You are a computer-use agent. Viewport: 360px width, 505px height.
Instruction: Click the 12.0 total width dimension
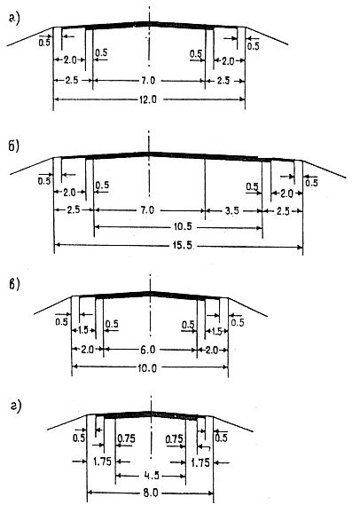[x=148, y=99]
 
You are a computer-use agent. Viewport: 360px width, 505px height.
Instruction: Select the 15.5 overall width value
[x=183, y=246]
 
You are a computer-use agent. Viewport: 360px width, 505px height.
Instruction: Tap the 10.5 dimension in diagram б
[x=183, y=226]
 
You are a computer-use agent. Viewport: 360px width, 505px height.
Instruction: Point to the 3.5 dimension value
[x=232, y=210]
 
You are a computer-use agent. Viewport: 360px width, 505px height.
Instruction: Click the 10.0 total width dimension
[x=147, y=367]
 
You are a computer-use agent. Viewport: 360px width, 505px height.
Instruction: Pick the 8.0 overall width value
[x=150, y=493]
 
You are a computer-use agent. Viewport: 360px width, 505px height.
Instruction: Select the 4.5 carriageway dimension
[x=150, y=476]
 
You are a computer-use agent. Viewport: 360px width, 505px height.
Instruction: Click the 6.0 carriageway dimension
[x=148, y=350]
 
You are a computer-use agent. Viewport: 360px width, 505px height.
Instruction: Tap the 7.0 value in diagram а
[x=149, y=81]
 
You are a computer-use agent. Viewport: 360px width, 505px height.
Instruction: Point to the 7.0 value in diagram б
[x=147, y=210]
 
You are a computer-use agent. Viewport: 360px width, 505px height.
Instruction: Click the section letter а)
[x=14, y=19]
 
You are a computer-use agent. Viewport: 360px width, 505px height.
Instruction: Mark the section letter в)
[x=14, y=284]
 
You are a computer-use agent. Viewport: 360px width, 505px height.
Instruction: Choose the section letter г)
[x=15, y=407]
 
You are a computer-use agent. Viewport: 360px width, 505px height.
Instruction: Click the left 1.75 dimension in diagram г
[x=102, y=462]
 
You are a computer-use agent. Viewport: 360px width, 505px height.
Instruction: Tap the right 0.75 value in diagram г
[x=175, y=438]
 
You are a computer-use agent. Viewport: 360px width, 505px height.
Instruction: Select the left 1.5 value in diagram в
[x=83, y=331]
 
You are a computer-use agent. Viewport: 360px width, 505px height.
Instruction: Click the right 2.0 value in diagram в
[x=212, y=350]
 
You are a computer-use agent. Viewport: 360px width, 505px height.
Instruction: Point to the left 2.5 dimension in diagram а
[x=72, y=80]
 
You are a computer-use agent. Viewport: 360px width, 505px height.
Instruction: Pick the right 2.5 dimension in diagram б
[x=283, y=211]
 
